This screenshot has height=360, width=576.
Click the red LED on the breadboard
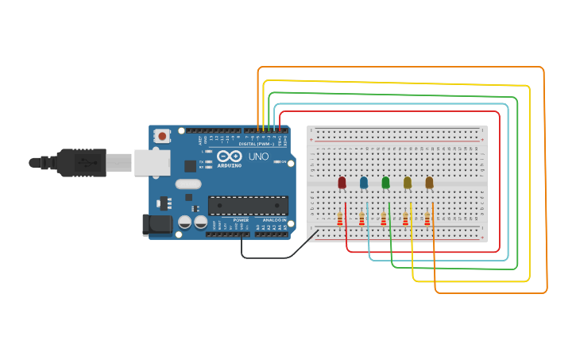(342, 182)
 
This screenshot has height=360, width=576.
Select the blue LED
(364, 182)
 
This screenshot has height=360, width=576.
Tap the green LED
(385, 182)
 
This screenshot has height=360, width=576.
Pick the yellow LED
(408, 182)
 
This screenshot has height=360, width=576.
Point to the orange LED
(429, 182)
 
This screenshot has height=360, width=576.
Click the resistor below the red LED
(340, 219)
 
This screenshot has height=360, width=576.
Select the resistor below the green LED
(384, 219)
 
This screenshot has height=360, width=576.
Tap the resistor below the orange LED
(427, 219)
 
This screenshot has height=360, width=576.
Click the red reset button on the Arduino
(162, 136)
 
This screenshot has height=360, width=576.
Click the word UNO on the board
(258, 157)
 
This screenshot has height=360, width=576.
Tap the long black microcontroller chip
(248, 206)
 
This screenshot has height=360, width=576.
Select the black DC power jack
(157, 225)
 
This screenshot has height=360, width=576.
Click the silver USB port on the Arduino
(151, 163)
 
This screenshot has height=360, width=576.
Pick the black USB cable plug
(80, 163)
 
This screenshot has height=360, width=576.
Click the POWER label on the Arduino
(241, 220)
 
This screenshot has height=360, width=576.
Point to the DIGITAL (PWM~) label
(257, 144)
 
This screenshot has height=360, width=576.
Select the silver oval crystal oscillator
(188, 184)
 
